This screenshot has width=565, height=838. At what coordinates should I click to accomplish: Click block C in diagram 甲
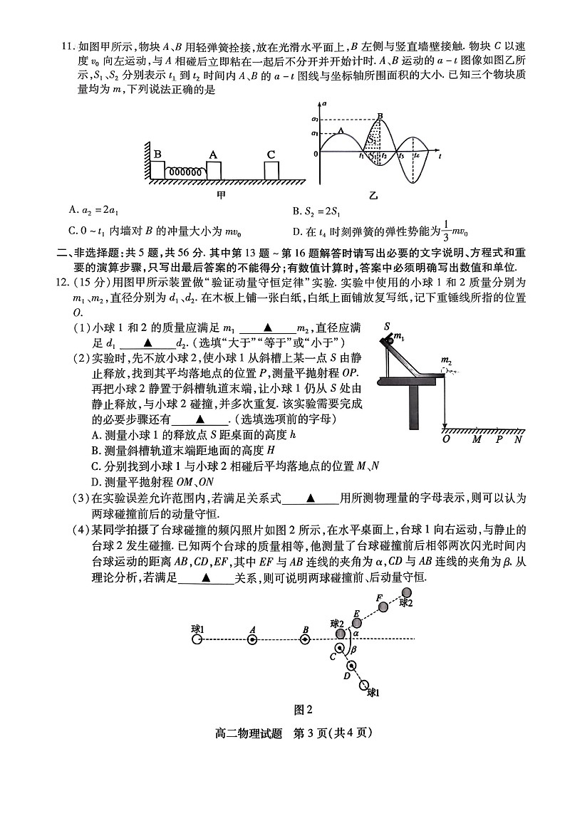click(x=271, y=170)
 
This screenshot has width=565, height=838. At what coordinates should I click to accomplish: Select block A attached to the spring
click(x=213, y=170)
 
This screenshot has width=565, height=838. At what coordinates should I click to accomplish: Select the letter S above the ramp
click(x=388, y=325)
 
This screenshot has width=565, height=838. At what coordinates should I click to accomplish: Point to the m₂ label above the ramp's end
click(x=446, y=360)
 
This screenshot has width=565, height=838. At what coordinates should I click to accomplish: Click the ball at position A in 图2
click(x=252, y=639)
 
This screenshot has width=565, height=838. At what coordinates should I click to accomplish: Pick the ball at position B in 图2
click(x=305, y=639)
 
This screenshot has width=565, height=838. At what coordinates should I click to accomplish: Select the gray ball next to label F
click(x=383, y=607)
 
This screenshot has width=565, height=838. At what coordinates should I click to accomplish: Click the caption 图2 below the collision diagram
click(x=304, y=708)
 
